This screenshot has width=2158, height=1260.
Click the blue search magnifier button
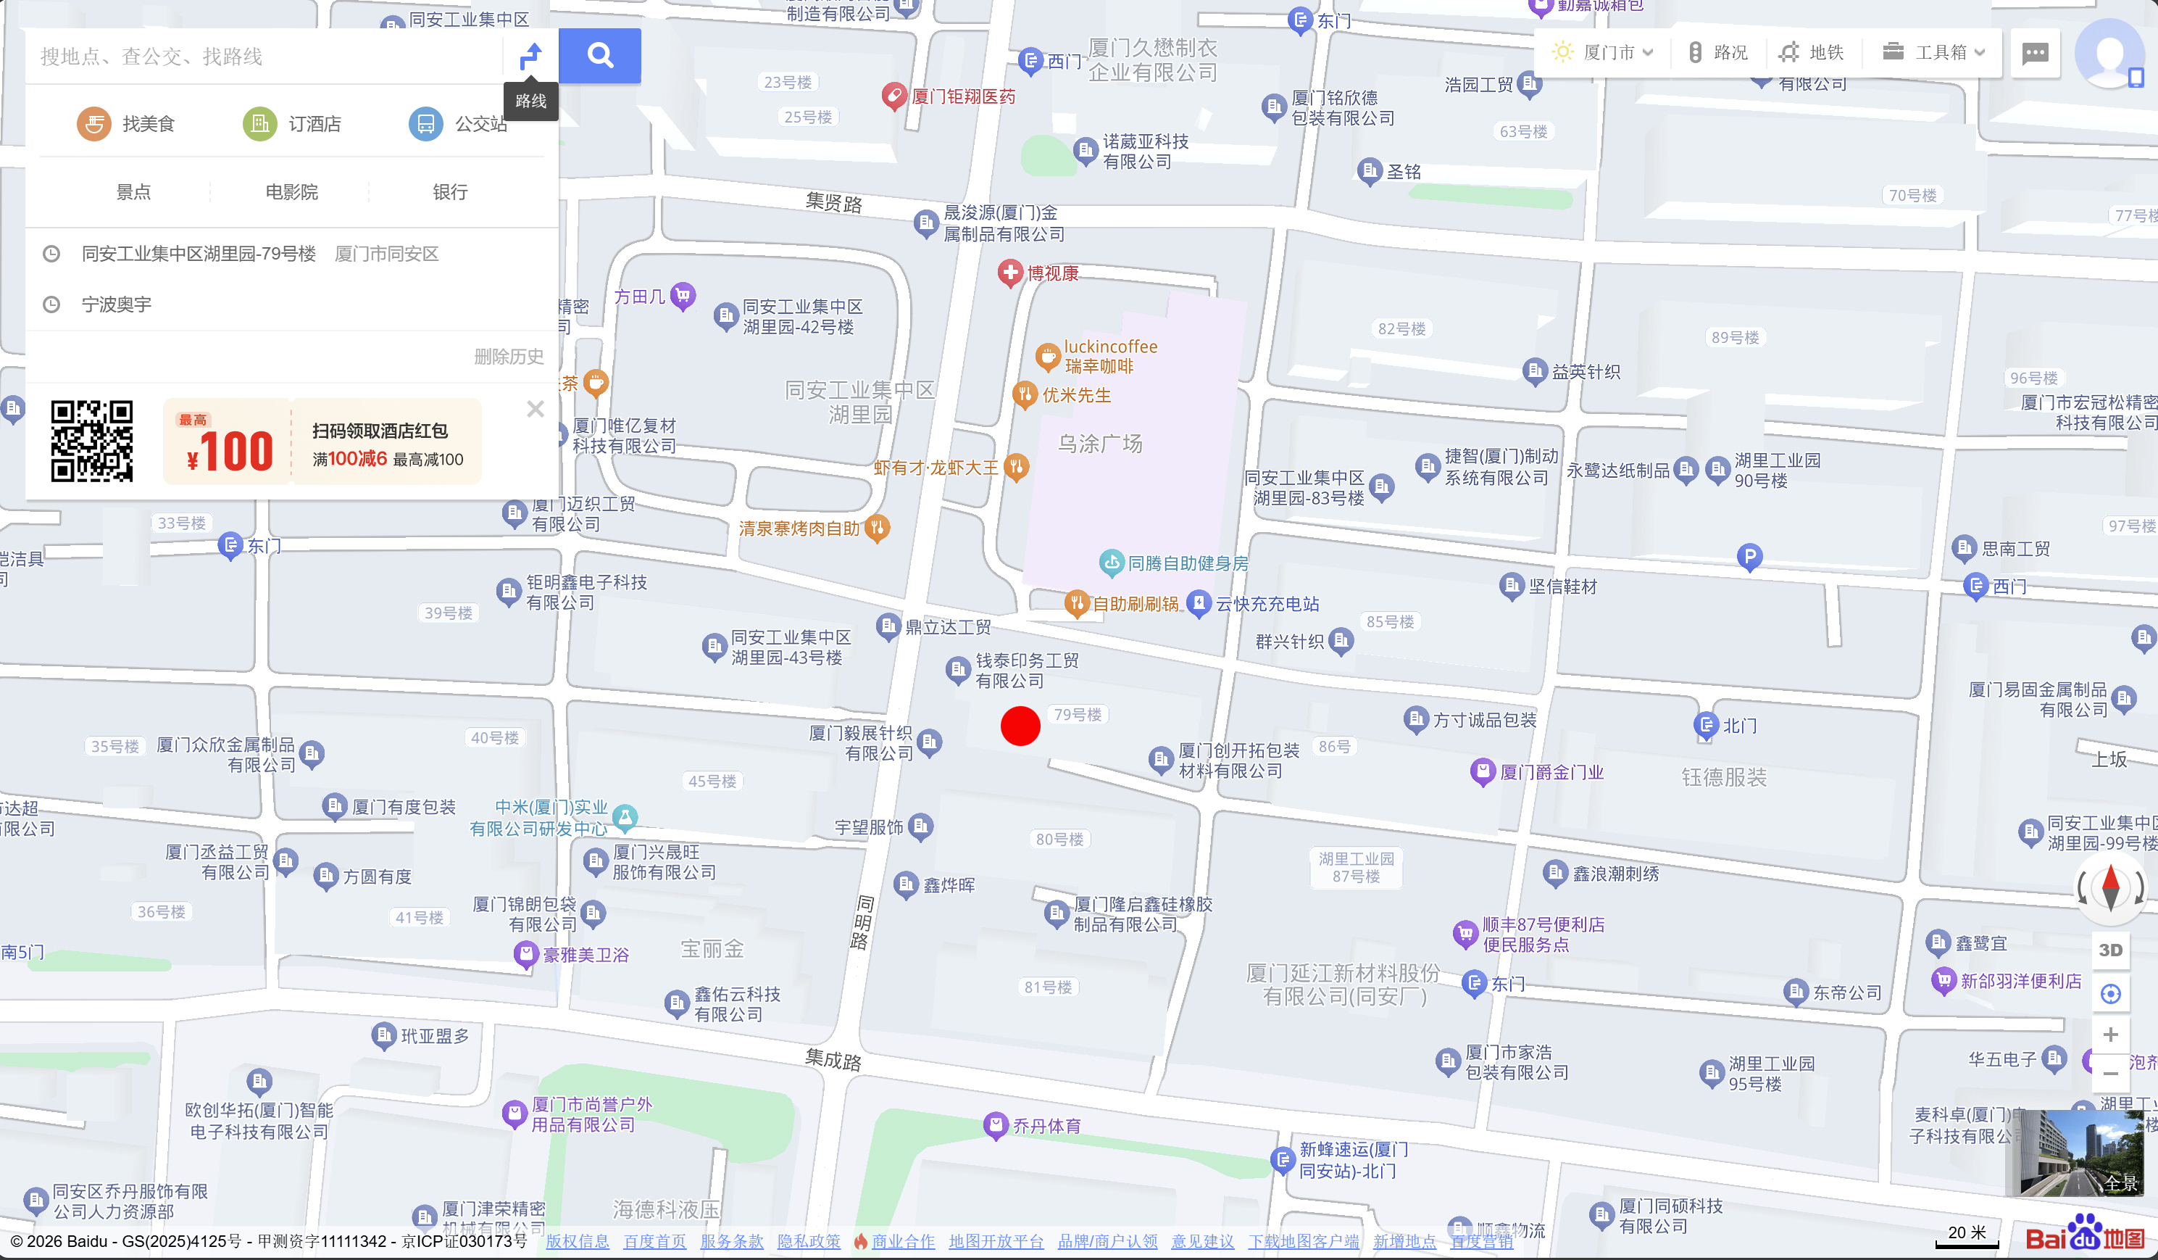[599, 56]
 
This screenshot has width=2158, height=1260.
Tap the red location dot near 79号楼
[1020, 726]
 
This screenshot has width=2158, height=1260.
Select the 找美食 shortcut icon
[94, 124]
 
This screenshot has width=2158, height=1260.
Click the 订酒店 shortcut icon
[259, 124]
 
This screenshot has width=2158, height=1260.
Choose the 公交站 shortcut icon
[425, 124]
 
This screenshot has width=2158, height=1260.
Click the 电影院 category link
[291, 192]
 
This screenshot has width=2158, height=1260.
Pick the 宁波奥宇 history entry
[117, 304]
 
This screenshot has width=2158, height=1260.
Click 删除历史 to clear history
[509, 357]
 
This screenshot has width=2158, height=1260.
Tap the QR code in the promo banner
[91, 441]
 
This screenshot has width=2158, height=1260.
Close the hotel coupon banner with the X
[536, 409]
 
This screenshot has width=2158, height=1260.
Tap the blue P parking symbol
[1749, 557]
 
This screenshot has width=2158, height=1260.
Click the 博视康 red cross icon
[1010, 273]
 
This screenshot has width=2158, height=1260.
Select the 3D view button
[2110, 950]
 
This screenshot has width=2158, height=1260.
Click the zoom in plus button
[2110, 1034]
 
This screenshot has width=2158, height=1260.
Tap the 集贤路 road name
[833, 202]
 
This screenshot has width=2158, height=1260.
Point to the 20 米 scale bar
[1966, 1235]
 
